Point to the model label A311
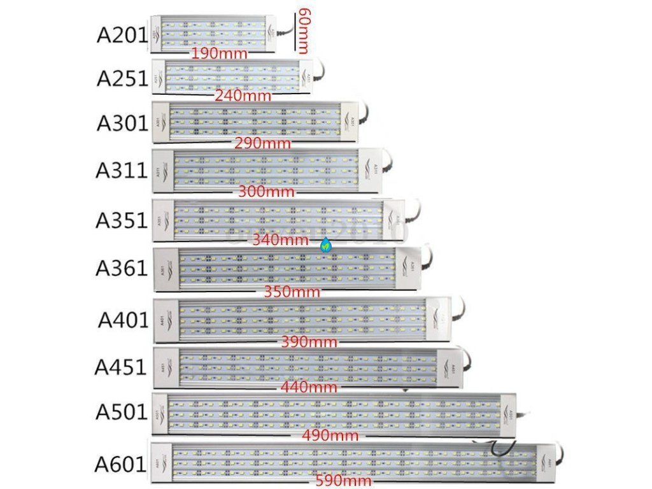click(x=122, y=171)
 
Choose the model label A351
click(x=122, y=220)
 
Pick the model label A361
click(x=122, y=268)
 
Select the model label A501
click(x=122, y=413)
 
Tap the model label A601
click(x=121, y=463)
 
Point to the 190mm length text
click(x=219, y=53)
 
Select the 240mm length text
click(x=243, y=96)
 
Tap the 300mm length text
click(x=266, y=191)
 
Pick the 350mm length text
click(x=292, y=292)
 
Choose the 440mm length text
click(x=309, y=386)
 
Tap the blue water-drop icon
click(x=326, y=244)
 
